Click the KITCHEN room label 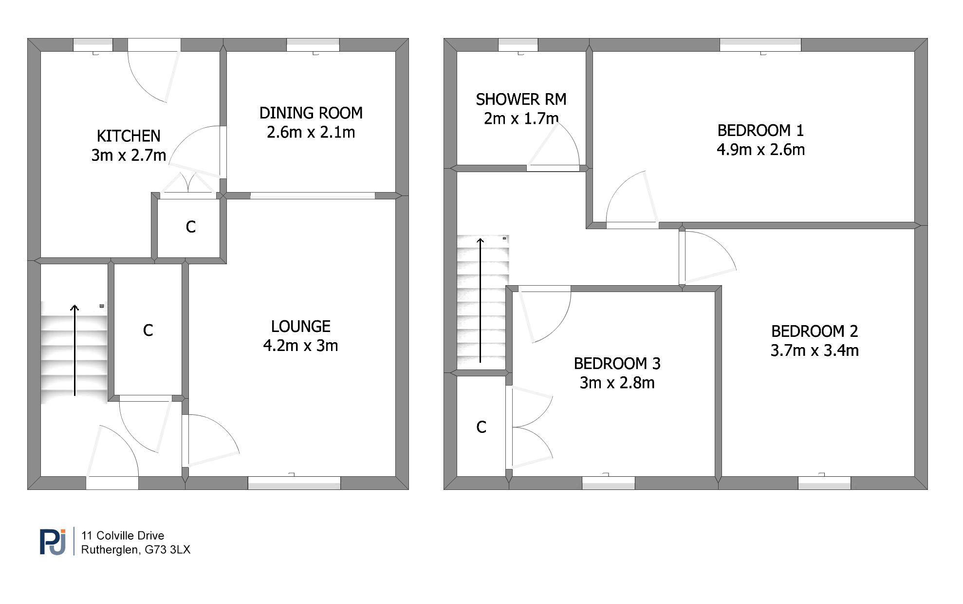129,136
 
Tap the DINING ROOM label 311,113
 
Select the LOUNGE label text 301,326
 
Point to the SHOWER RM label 521,99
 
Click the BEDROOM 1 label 760,131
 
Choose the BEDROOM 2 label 815,331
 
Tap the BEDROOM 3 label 617,364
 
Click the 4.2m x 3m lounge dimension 301,346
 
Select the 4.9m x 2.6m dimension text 760,150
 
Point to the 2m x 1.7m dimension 521,118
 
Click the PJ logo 53,542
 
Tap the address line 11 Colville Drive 123,536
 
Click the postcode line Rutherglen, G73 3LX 136,550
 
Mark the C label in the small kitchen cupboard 191,227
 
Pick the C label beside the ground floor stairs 148,331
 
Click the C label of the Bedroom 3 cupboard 481,427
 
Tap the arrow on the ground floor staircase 74,350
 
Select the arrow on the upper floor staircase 481,300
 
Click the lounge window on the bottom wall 294,483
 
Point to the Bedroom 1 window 760,45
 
